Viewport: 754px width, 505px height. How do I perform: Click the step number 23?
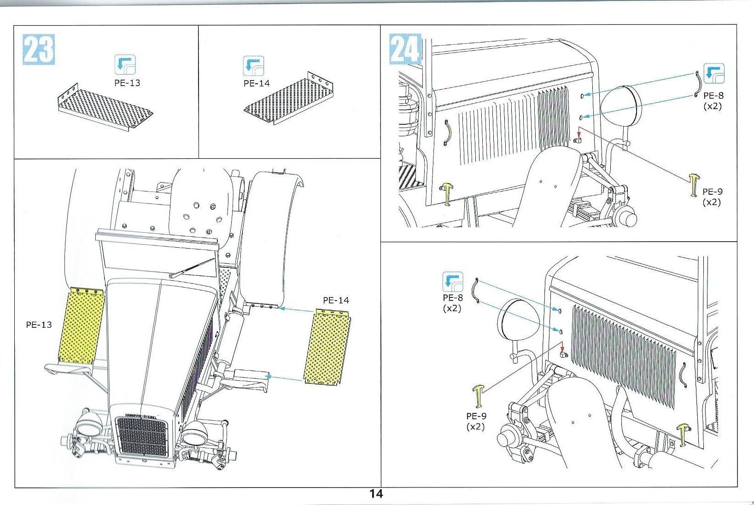point(38,49)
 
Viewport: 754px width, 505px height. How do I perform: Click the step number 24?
point(405,49)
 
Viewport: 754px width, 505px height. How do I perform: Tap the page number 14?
point(376,494)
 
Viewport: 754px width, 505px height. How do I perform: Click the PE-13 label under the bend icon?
point(127,83)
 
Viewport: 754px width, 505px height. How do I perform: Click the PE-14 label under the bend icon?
point(257,83)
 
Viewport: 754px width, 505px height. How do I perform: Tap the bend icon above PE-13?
point(125,65)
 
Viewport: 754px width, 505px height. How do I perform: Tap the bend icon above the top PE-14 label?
point(253,66)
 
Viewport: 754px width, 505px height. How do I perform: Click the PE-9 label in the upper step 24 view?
point(712,197)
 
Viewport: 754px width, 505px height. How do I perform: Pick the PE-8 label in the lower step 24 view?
point(452,303)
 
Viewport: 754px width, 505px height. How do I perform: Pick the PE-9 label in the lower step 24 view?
point(476,421)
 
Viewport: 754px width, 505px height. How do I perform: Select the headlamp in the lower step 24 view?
point(518,325)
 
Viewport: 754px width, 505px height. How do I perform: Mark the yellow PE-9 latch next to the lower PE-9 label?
point(478,396)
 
